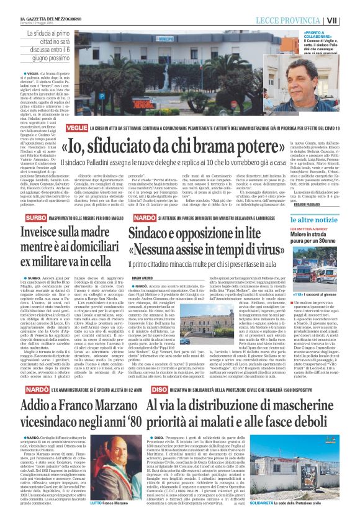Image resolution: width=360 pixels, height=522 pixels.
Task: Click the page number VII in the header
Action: point(350,20)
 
